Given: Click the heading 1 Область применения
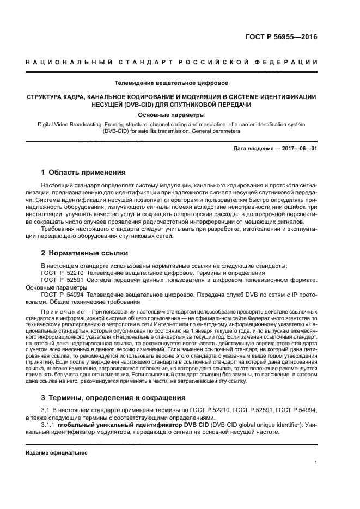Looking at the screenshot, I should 83,173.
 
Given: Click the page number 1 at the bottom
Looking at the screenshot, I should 315,463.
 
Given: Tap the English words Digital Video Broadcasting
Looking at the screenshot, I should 69,125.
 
